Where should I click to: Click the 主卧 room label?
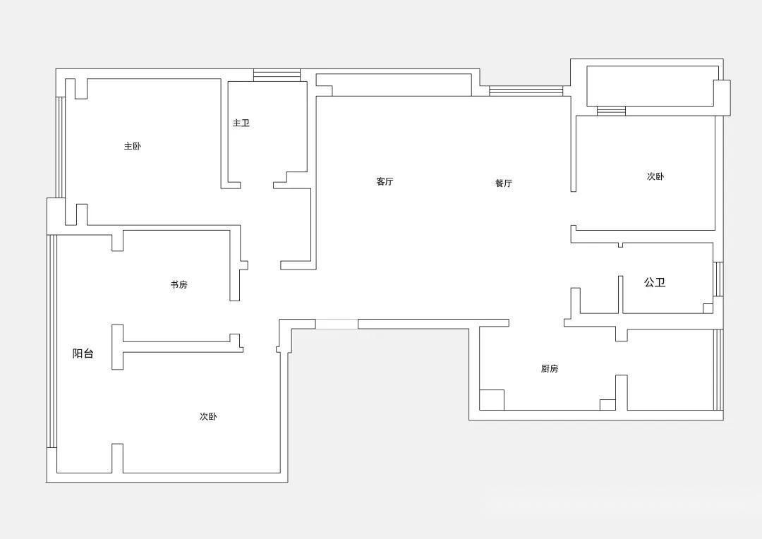pos(133,147)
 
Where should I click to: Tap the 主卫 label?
pos(241,123)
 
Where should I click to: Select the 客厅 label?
pos(385,182)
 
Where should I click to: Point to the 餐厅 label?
pos(504,183)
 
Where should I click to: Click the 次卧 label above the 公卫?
pos(655,176)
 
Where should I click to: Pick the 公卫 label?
pos(655,283)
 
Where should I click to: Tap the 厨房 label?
pos(550,369)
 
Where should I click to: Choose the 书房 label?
pos(179,285)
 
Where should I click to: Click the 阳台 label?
pos(83,354)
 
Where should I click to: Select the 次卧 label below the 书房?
pos(208,417)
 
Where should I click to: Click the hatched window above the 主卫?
pos(277,75)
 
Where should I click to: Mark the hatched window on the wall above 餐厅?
pos(526,91)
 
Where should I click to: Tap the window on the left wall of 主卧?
pos(61,147)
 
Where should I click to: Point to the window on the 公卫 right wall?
pos(718,279)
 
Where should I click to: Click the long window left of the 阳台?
pos(52,341)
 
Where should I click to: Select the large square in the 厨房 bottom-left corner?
pos(492,399)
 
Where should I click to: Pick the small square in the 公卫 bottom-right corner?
pos(708,308)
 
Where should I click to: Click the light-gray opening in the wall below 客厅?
pos(337,324)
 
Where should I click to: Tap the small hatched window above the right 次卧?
pos(611,110)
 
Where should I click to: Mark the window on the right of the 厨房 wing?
pos(718,370)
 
